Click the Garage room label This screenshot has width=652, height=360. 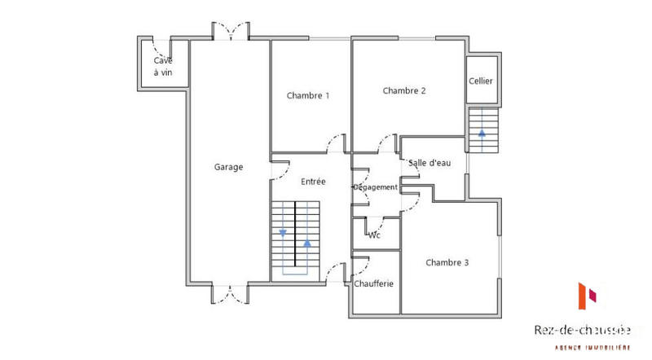point(228,167)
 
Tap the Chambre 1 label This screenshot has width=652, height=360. point(308,95)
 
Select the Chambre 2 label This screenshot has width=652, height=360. point(404,91)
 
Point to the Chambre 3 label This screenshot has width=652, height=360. point(447,262)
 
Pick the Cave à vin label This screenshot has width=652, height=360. point(163,67)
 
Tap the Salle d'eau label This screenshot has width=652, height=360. point(430,163)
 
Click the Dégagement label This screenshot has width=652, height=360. point(375,187)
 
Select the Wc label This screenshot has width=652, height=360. point(375,235)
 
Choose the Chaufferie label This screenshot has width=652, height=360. point(375,283)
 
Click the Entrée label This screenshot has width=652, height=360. point(313,182)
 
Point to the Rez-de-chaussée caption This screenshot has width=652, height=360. point(582,330)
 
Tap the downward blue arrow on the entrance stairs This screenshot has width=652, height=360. point(283,233)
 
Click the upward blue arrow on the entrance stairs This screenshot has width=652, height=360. point(307,243)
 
